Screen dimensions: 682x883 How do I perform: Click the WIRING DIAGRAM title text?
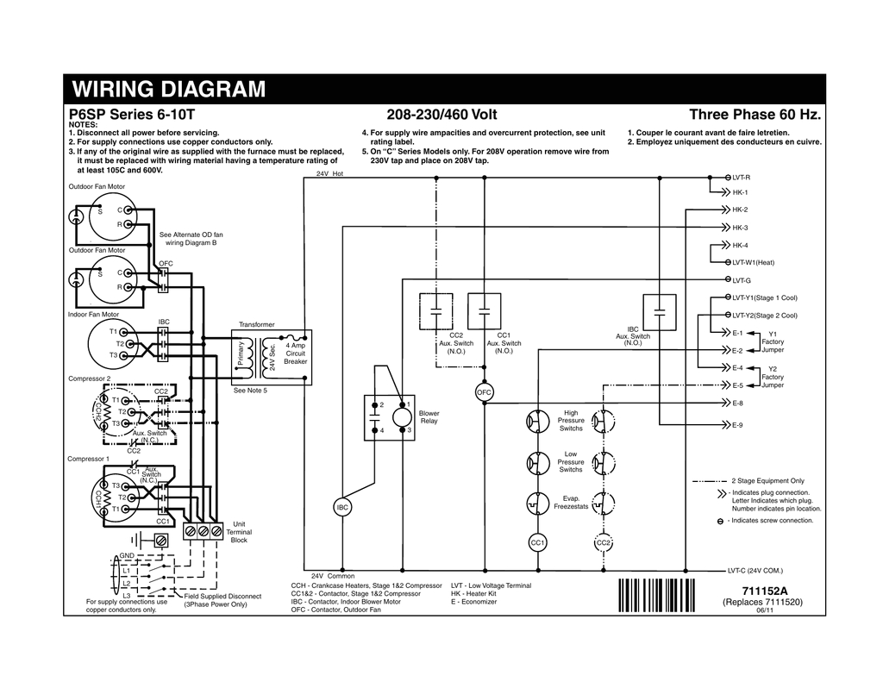[169, 90]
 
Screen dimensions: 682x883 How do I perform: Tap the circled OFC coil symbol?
[483, 393]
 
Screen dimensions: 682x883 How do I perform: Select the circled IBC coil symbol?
[342, 508]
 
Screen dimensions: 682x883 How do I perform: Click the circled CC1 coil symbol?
[536, 542]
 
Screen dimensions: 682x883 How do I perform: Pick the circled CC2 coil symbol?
[604, 542]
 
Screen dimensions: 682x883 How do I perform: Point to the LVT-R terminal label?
[742, 176]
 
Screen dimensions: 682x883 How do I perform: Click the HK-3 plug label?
[740, 228]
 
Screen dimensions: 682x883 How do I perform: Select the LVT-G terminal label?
[742, 280]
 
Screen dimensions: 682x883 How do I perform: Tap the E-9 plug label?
[737, 425]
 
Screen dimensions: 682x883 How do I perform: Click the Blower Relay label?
[429, 417]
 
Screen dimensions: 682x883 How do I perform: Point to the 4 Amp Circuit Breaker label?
[296, 354]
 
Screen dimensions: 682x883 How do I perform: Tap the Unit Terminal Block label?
[239, 532]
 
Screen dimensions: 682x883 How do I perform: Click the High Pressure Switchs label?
[571, 421]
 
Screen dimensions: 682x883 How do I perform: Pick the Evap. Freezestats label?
[571, 503]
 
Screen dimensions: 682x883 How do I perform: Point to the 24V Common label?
[333, 575]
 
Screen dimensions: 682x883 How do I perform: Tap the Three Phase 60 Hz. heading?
[755, 115]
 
